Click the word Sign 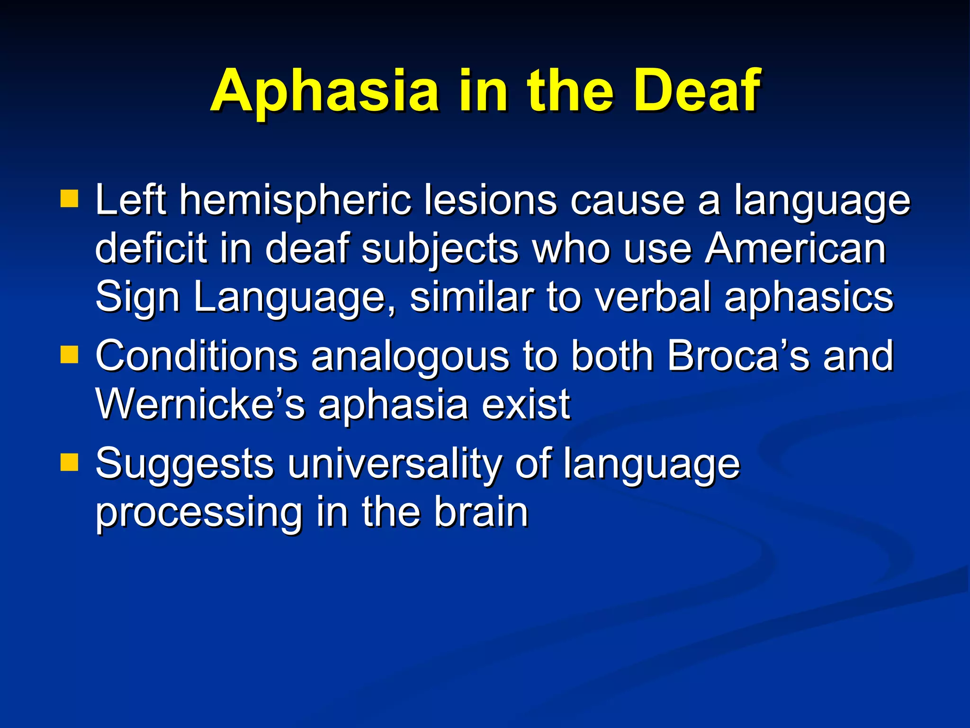[137, 299]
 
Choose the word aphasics [808, 299]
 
